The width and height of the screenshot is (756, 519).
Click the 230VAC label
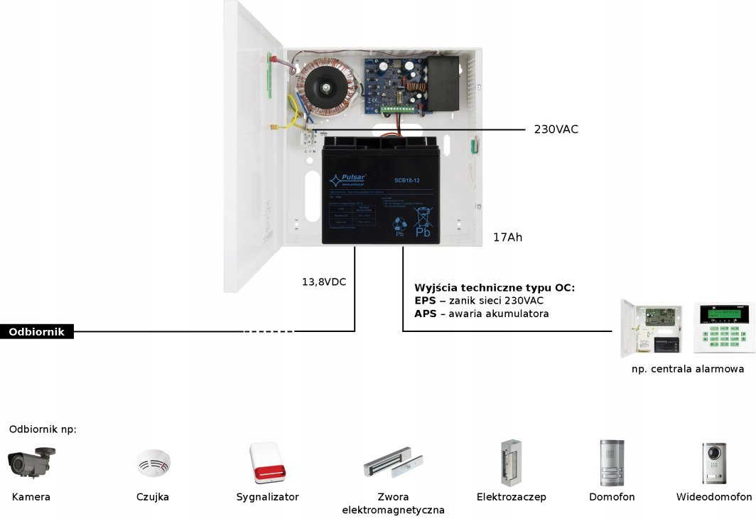point(556,129)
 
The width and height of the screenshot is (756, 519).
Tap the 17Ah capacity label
point(507,237)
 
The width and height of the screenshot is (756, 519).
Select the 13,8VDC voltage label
point(324,282)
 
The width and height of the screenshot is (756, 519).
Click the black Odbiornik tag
point(37,331)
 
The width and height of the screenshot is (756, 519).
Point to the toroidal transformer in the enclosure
point(325,87)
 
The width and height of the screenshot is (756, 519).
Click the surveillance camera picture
point(31,463)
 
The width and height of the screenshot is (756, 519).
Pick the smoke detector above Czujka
point(153,464)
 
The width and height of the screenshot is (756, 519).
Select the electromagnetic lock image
point(393,462)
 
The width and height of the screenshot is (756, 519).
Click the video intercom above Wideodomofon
point(713,464)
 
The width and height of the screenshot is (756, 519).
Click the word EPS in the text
point(425,301)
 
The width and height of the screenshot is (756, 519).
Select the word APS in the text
point(425,314)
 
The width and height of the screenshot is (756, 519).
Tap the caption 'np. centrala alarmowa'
point(687,369)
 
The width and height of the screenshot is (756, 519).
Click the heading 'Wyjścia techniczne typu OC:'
point(494,288)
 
